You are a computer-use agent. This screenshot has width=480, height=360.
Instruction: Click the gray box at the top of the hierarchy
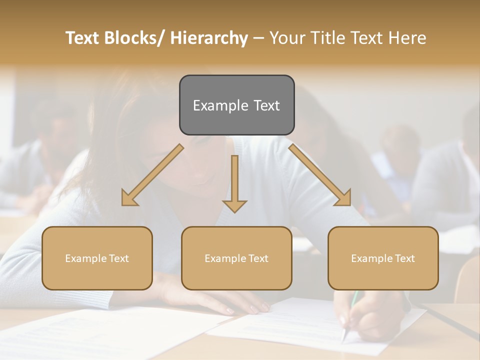236,105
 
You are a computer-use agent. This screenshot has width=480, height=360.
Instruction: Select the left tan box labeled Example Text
97,258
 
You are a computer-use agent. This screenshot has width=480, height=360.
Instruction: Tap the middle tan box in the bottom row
236,258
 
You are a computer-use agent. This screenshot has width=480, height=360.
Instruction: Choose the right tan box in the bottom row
383,258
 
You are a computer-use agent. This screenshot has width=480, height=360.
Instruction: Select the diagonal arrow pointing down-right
320,175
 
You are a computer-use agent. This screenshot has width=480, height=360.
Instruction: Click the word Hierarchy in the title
209,38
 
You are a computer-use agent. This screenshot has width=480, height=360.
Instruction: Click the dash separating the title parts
258,38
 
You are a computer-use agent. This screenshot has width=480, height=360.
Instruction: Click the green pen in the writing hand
354,300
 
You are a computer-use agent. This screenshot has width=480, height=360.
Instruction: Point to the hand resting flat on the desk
235,303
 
